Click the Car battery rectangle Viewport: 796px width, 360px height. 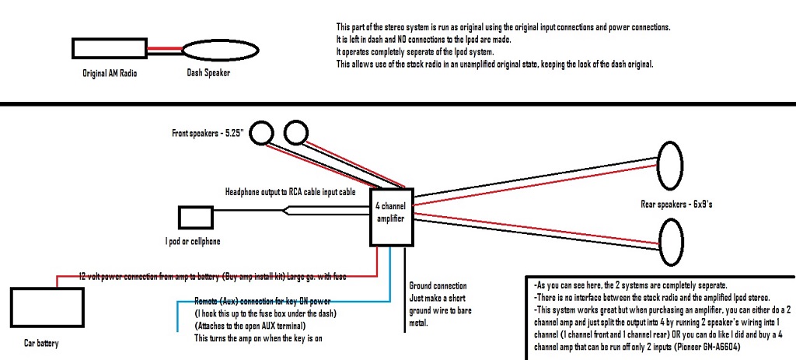(38, 310)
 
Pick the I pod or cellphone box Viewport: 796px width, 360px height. (196, 218)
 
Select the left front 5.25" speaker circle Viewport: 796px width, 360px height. (260, 134)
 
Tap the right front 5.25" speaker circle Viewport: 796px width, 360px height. (295, 132)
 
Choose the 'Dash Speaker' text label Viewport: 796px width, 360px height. (208, 74)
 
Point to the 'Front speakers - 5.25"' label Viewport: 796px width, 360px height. (208, 134)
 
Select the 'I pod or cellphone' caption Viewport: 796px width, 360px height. (192, 242)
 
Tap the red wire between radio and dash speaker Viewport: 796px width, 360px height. (164, 47)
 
